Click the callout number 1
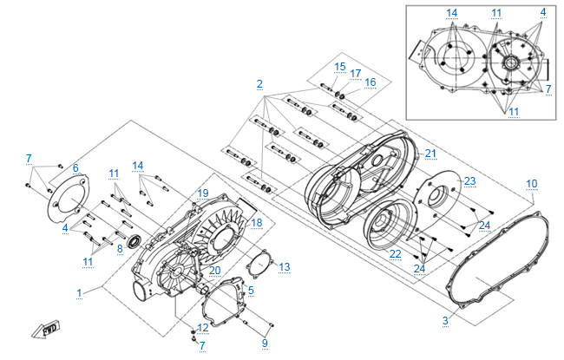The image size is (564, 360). (79, 292)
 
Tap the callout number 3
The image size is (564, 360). (445, 321)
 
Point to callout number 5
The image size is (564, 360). (251, 290)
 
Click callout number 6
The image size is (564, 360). (75, 167)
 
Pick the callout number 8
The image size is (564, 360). (120, 248)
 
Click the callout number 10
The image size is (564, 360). (532, 183)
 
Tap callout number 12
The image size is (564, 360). (202, 327)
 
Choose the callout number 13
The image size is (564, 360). (284, 265)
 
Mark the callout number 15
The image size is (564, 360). (339, 67)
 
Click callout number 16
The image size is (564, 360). (370, 82)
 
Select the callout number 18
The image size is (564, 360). (256, 223)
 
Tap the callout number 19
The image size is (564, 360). (203, 193)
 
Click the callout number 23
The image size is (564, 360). (469, 181)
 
